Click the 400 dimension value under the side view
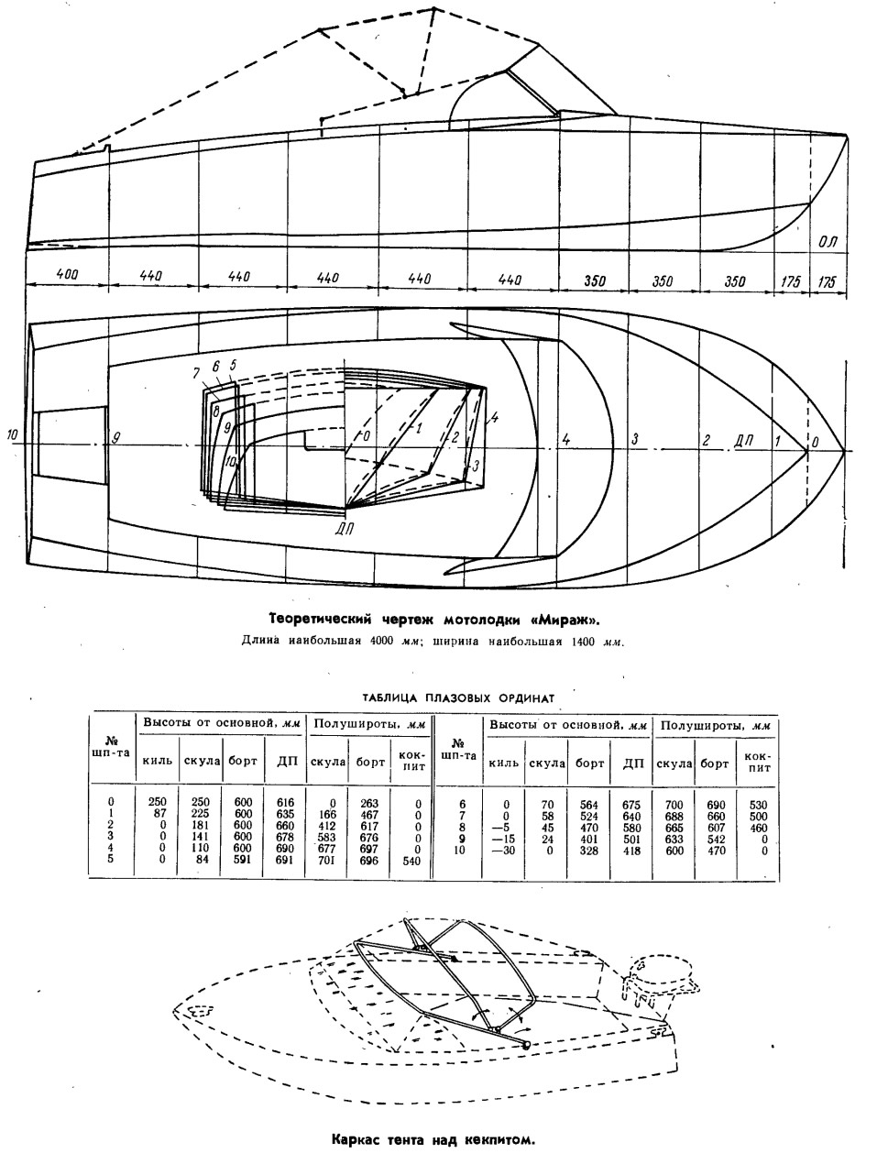pos(68,275)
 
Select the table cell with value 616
pos(285,802)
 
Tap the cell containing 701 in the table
pos(327,860)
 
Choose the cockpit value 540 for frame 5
pos(411,860)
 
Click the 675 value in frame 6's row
pos(631,805)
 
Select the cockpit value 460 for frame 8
pos(758,828)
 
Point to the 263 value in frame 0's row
pos(369,802)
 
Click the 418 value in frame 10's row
pos(631,851)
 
